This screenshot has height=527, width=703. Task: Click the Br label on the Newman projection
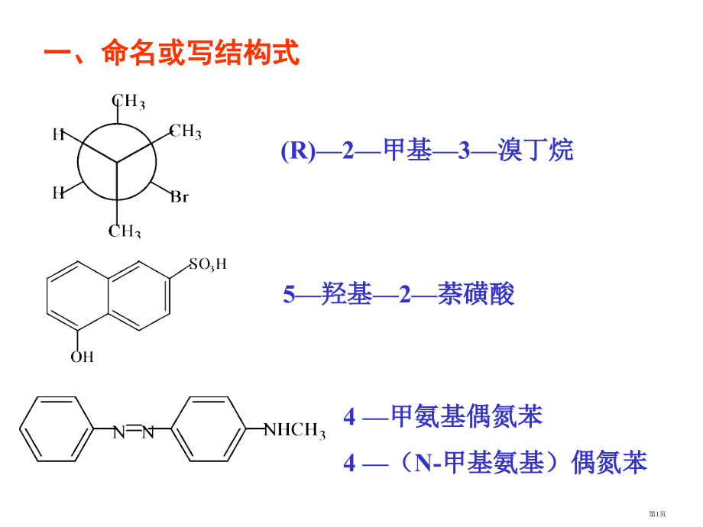click(179, 197)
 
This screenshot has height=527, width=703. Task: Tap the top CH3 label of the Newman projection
click(128, 101)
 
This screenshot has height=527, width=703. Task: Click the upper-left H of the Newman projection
click(58, 135)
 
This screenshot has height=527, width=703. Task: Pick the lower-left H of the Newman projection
click(58, 192)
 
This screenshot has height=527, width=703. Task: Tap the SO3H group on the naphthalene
click(208, 265)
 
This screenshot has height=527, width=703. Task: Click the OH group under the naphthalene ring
click(82, 356)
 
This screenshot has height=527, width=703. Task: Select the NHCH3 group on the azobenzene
click(294, 432)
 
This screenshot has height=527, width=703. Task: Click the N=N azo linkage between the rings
click(133, 433)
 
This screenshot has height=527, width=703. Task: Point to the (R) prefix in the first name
click(298, 151)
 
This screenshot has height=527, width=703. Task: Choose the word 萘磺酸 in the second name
click(476, 294)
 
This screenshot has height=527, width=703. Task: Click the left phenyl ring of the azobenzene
click(55, 433)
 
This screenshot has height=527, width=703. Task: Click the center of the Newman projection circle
click(117, 163)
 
